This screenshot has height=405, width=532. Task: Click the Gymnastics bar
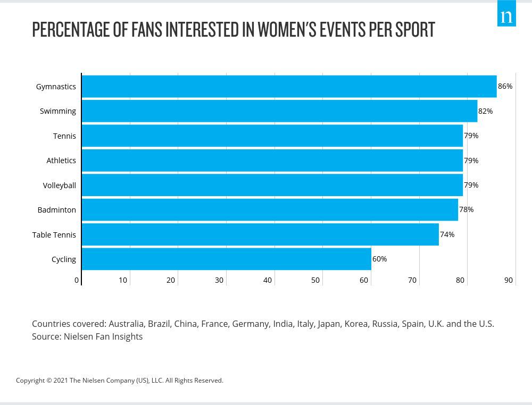[289, 87]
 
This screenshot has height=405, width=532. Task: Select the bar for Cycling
[226, 259]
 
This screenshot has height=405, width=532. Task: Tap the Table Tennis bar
[260, 234]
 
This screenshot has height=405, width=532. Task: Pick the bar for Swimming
[279, 111]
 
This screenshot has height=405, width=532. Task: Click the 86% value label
[505, 86]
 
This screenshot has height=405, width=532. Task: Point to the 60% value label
[379, 259]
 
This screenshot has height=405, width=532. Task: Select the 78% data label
[466, 209]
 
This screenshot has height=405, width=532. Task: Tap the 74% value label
[447, 234]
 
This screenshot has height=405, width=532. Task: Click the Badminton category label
[56, 210]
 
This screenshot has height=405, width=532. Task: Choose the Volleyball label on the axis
[59, 185]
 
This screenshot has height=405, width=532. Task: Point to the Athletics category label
[61, 161]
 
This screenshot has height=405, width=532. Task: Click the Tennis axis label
[64, 136]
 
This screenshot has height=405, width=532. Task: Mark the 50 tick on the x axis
[315, 280]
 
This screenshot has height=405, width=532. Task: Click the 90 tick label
[509, 280]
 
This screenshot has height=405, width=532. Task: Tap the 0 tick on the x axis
[77, 280]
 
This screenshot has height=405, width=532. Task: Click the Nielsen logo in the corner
[506, 14]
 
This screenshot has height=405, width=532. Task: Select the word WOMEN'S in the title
[287, 30]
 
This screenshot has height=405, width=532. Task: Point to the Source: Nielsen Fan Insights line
[87, 336]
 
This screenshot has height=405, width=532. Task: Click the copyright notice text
[120, 381]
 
